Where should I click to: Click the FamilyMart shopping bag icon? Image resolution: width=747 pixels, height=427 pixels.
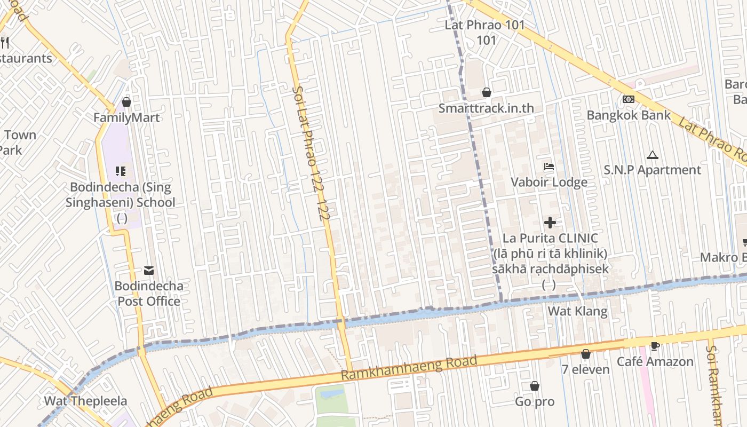[126, 101]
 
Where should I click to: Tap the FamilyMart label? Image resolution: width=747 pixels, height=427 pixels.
[126, 117]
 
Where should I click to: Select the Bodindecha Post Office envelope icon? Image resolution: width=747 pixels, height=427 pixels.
[149, 271]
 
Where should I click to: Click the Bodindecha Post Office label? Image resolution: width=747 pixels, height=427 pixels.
[149, 294]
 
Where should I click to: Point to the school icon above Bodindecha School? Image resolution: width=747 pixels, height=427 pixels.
[121, 171]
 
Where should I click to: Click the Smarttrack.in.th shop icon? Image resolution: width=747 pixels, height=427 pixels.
[486, 92]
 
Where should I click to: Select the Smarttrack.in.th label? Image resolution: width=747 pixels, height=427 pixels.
[486, 108]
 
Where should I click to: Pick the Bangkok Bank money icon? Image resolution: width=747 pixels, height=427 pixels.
[629, 99]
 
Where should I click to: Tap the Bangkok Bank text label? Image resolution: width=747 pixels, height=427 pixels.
[629, 115]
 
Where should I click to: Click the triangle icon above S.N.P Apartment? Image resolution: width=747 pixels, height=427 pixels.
[652, 155]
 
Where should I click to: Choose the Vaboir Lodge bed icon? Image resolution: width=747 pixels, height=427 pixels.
[549, 167]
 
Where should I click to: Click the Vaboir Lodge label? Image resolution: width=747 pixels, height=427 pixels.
[549, 183]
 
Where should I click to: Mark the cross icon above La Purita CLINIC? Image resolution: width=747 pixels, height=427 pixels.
[550, 222]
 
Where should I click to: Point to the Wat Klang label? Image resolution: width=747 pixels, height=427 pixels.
[578, 311]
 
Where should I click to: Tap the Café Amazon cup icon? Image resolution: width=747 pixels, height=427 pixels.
[655, 346]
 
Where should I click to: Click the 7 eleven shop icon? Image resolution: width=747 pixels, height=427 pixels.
[586, 353]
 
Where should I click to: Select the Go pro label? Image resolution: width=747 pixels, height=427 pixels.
[535, 402]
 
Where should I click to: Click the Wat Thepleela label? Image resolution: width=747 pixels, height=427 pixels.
[85, 401]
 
